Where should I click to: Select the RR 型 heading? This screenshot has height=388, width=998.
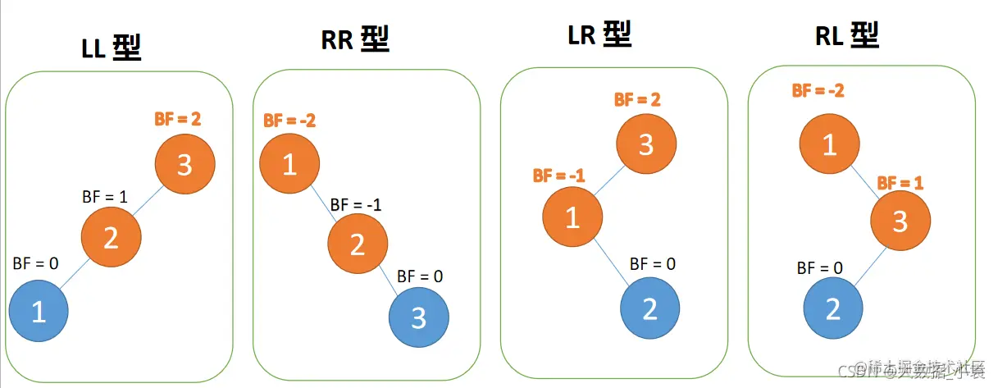354,39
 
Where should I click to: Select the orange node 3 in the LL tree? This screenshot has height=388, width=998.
185,164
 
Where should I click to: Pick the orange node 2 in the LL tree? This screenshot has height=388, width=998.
110,238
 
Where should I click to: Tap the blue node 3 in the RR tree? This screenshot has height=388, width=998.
418,317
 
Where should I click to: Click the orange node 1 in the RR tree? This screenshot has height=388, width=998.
289,165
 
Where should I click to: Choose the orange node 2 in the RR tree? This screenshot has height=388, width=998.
357,243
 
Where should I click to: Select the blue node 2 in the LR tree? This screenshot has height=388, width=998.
649,308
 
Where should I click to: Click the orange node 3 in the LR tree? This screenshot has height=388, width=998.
646,144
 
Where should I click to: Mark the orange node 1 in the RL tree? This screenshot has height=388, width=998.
829,144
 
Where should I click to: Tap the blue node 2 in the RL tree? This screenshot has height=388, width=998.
832,308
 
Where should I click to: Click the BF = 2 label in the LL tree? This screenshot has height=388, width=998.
177,118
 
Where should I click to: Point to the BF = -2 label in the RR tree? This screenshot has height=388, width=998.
289,121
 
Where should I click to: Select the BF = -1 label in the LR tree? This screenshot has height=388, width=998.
558,175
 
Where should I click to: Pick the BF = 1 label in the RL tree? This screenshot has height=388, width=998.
900,183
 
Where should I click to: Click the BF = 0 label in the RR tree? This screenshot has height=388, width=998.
420,276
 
